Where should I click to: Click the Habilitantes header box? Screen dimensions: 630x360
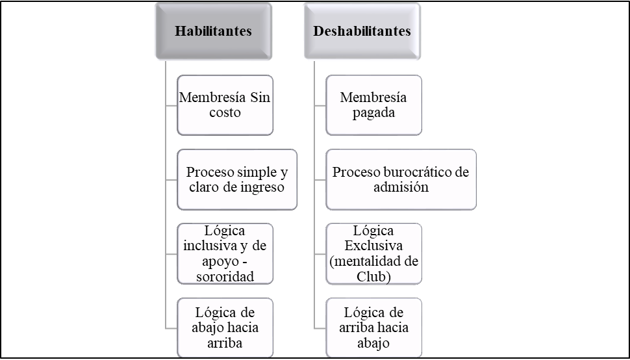tap(214, 31)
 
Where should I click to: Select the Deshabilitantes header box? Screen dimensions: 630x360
tap(362, 31)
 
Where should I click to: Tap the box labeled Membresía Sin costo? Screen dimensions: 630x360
tap(225, 105)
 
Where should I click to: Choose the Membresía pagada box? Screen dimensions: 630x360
tap(373, 105)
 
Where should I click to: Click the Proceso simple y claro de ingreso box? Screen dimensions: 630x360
tap(237, 179)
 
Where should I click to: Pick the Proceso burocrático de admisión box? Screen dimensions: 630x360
tap(401, 179)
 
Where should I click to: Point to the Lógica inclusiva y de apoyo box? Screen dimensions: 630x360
tap(225, 253)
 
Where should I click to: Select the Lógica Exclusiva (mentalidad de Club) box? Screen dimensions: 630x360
tap(373, 253)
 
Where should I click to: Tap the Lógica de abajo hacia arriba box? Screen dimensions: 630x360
tap(225, 328)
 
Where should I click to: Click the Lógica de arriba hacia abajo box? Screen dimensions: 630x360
tap(373, 328)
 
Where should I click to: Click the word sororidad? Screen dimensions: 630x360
tap(225, 277)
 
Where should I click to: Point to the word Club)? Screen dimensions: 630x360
tap(373, 277)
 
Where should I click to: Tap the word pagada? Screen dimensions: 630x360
tap(373, 113)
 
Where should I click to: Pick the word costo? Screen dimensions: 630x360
tap(225, 112)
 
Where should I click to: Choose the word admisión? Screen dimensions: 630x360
tap(401, 187)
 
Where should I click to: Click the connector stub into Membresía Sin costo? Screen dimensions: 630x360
tap(171, 106)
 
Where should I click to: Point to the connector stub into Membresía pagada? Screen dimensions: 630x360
tap(320, 106)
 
